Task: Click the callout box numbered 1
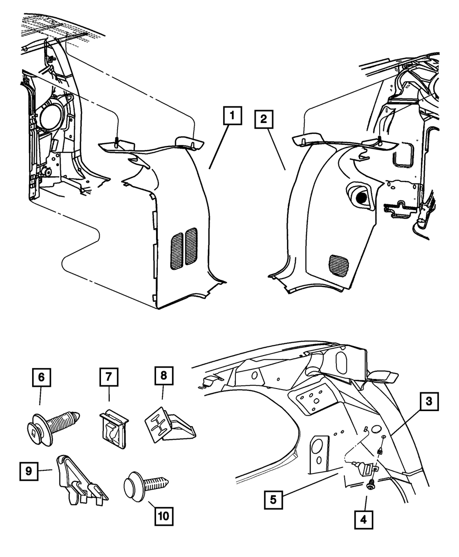[232, 116]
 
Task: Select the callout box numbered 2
[263, 119]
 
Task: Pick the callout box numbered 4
[364, 520]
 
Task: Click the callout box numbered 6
[41, 378]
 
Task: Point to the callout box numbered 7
[109, 377]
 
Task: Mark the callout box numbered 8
[164, 376]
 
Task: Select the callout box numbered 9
[29, 471]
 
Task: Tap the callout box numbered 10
[164, 517]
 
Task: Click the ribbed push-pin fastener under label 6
[53, 430]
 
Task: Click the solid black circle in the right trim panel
[361, 198]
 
